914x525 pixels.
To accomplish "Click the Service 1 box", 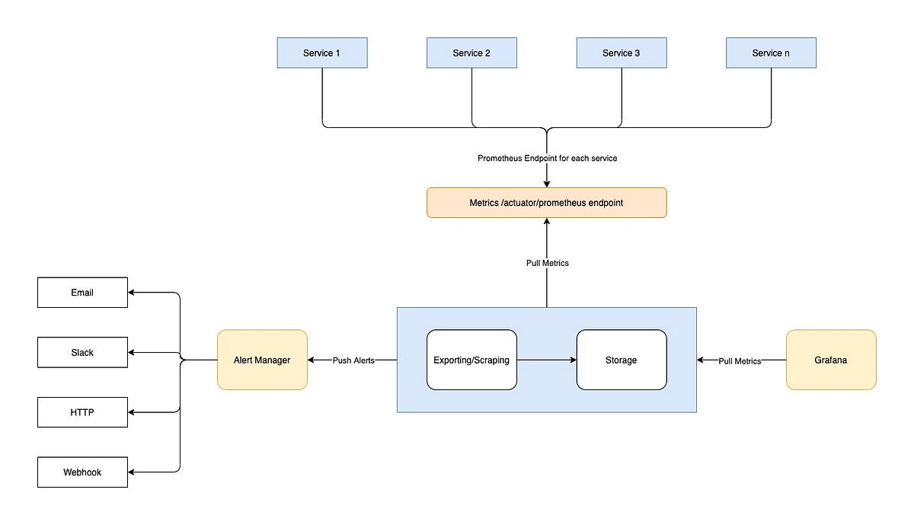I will click(322, 53).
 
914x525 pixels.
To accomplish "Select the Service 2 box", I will click(471, 53).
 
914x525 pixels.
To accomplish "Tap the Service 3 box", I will click(622, 53).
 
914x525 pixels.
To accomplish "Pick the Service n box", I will click(771, 53).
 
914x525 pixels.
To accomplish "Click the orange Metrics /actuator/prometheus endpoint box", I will click(546, 203).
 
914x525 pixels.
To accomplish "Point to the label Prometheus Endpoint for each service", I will click(546, 158).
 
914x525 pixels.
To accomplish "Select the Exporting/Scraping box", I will click(471, 360).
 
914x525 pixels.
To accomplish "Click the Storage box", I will click(622, 360).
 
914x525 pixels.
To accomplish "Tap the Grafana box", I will click(831, 360).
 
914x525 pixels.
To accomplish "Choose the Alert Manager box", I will click(262, 360).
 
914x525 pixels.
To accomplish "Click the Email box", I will click(82, 293).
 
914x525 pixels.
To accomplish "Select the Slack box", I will click(82, 353).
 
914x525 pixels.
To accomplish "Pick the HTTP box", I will click(82, 412).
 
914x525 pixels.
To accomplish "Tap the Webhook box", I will click(82, 472).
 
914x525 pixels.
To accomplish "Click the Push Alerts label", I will click(353, 360).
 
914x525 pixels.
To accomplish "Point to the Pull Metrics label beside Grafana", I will click(740, 360).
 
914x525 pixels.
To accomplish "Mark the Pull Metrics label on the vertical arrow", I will click(547, 263).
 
